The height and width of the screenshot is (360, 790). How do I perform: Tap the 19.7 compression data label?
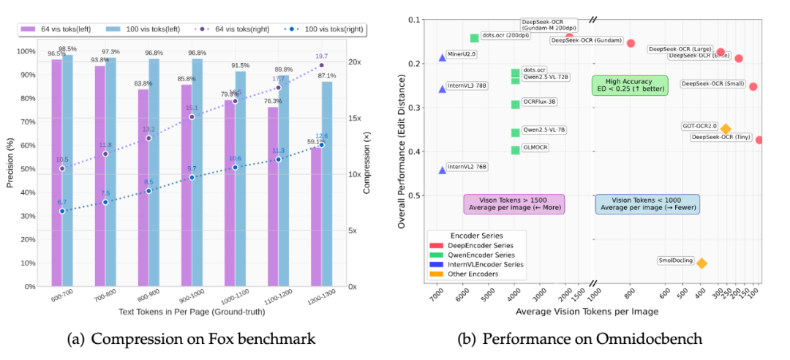click(320, 56)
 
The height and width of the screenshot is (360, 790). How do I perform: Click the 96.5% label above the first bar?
click(57, 53)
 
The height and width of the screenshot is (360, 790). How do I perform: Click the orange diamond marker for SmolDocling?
click(701, 263)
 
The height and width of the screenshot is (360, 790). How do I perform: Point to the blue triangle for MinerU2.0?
click(442, 57)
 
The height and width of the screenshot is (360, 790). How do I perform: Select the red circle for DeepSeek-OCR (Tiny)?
click(759, 140)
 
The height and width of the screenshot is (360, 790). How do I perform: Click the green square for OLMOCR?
click(515, 150)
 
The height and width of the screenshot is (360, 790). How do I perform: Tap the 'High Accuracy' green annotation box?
click(620, 85)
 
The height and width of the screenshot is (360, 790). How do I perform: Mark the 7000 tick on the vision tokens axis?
click(437, 296)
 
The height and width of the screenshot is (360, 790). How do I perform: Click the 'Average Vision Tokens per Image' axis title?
click(587, 311)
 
